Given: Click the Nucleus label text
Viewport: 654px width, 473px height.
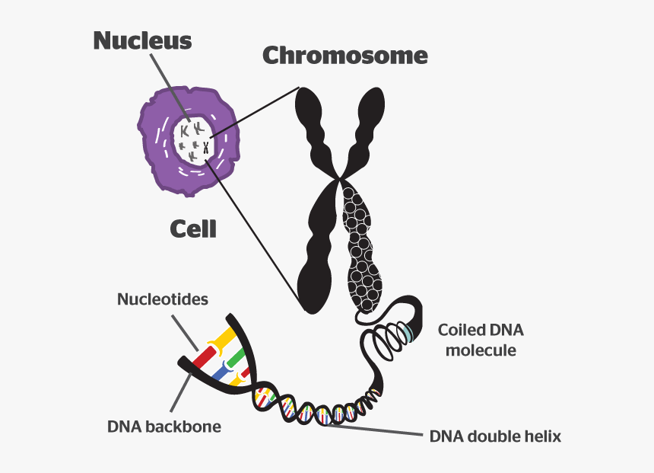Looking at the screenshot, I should coord(142,40).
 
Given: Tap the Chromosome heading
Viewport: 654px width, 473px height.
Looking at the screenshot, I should coord(344,56).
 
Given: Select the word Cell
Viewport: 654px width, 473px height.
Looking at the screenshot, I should coord(192,229).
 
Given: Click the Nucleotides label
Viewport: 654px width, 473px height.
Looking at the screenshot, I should coord(162,299).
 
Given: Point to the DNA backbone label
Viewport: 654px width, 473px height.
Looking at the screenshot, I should coord(164,427).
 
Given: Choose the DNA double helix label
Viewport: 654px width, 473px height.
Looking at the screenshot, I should coord(495,437).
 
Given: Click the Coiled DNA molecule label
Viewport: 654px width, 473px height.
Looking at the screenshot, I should coord(481,340).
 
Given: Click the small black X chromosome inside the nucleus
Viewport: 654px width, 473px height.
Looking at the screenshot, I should coord(205,147).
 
